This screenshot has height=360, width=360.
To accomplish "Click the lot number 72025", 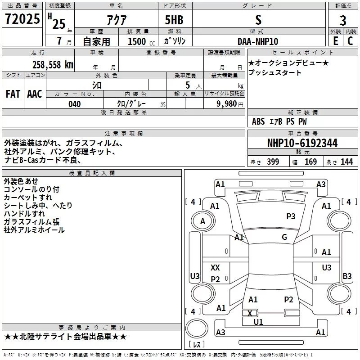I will [x=22, y=19].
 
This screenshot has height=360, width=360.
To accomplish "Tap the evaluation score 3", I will [x=343, y=21].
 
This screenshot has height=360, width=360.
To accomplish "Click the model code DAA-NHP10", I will [x=258, y=41].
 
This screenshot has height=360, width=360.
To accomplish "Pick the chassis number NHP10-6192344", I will [x=302, y=143].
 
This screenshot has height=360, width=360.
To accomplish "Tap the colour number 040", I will [x=75, y=104].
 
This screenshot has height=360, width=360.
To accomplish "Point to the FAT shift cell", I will [x=13, y=94].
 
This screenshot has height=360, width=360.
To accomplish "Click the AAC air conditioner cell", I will [x=35, y=94].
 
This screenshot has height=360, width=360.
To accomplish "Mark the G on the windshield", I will [x=284, y=237].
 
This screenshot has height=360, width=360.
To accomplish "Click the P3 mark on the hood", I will [x=291, y=216].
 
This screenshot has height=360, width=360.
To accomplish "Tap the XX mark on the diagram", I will [x=216, y=268].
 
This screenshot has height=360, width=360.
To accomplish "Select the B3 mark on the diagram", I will [x=347, y=276].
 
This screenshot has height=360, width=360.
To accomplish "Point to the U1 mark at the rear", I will [x=258, y=322].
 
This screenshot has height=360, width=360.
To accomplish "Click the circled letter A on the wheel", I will [x=202, y=221].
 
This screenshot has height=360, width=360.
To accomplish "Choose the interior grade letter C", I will [x=350, y=40].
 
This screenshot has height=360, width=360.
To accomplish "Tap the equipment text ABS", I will [x=259, y=121].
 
